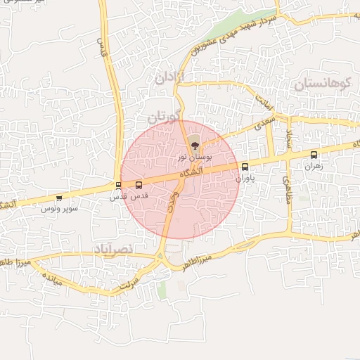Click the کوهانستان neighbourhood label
[322, 84]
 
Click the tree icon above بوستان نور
[195, 145]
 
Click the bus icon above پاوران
[245, 167]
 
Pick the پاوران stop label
[243, 179]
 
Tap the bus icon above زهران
[314, 155]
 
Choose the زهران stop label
[311, 167]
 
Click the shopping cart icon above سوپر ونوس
[58, 198]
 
